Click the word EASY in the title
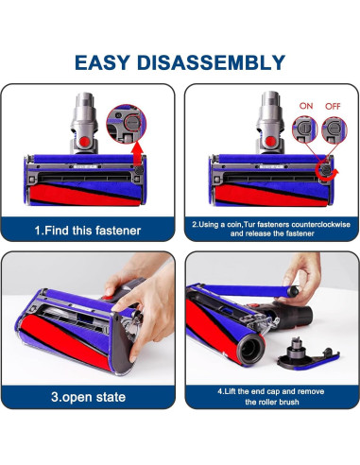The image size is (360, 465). click(x=106, y=63)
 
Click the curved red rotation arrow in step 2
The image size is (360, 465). click(x=325, y=167)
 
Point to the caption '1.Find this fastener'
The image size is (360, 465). click(x=88, y=229)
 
